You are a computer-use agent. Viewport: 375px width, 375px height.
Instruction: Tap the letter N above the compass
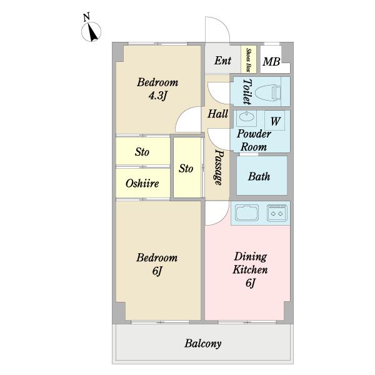coord(86,17)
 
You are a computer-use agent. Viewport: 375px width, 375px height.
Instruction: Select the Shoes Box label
coord(249,60)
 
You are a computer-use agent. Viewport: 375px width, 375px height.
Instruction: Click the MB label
coord(271,61)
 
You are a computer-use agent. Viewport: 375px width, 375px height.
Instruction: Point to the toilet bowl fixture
coord(268,92)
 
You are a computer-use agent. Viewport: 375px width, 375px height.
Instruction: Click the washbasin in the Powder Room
coord(247,118)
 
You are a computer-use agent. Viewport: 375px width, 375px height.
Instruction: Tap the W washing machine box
coord(275,121)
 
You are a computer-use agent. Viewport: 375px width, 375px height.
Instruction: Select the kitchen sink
coord(247,212)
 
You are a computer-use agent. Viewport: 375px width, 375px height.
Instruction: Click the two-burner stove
coord(277,212)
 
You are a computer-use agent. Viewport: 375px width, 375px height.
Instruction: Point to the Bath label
coord(259,176)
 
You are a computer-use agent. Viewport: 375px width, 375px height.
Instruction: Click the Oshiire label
coord(142,183)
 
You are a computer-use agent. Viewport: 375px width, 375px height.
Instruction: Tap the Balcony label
coord(202,344)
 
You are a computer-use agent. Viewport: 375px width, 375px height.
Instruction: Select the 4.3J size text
coord(157,96)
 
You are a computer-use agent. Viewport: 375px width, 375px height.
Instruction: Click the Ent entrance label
coord(222,61)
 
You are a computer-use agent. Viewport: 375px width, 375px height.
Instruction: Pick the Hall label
coord(217,114)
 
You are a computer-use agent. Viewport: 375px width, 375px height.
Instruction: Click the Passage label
coord(218,167)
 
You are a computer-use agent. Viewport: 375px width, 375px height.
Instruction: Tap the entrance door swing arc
coord(224,24)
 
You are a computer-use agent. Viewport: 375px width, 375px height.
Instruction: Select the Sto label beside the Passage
coord(186,169)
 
